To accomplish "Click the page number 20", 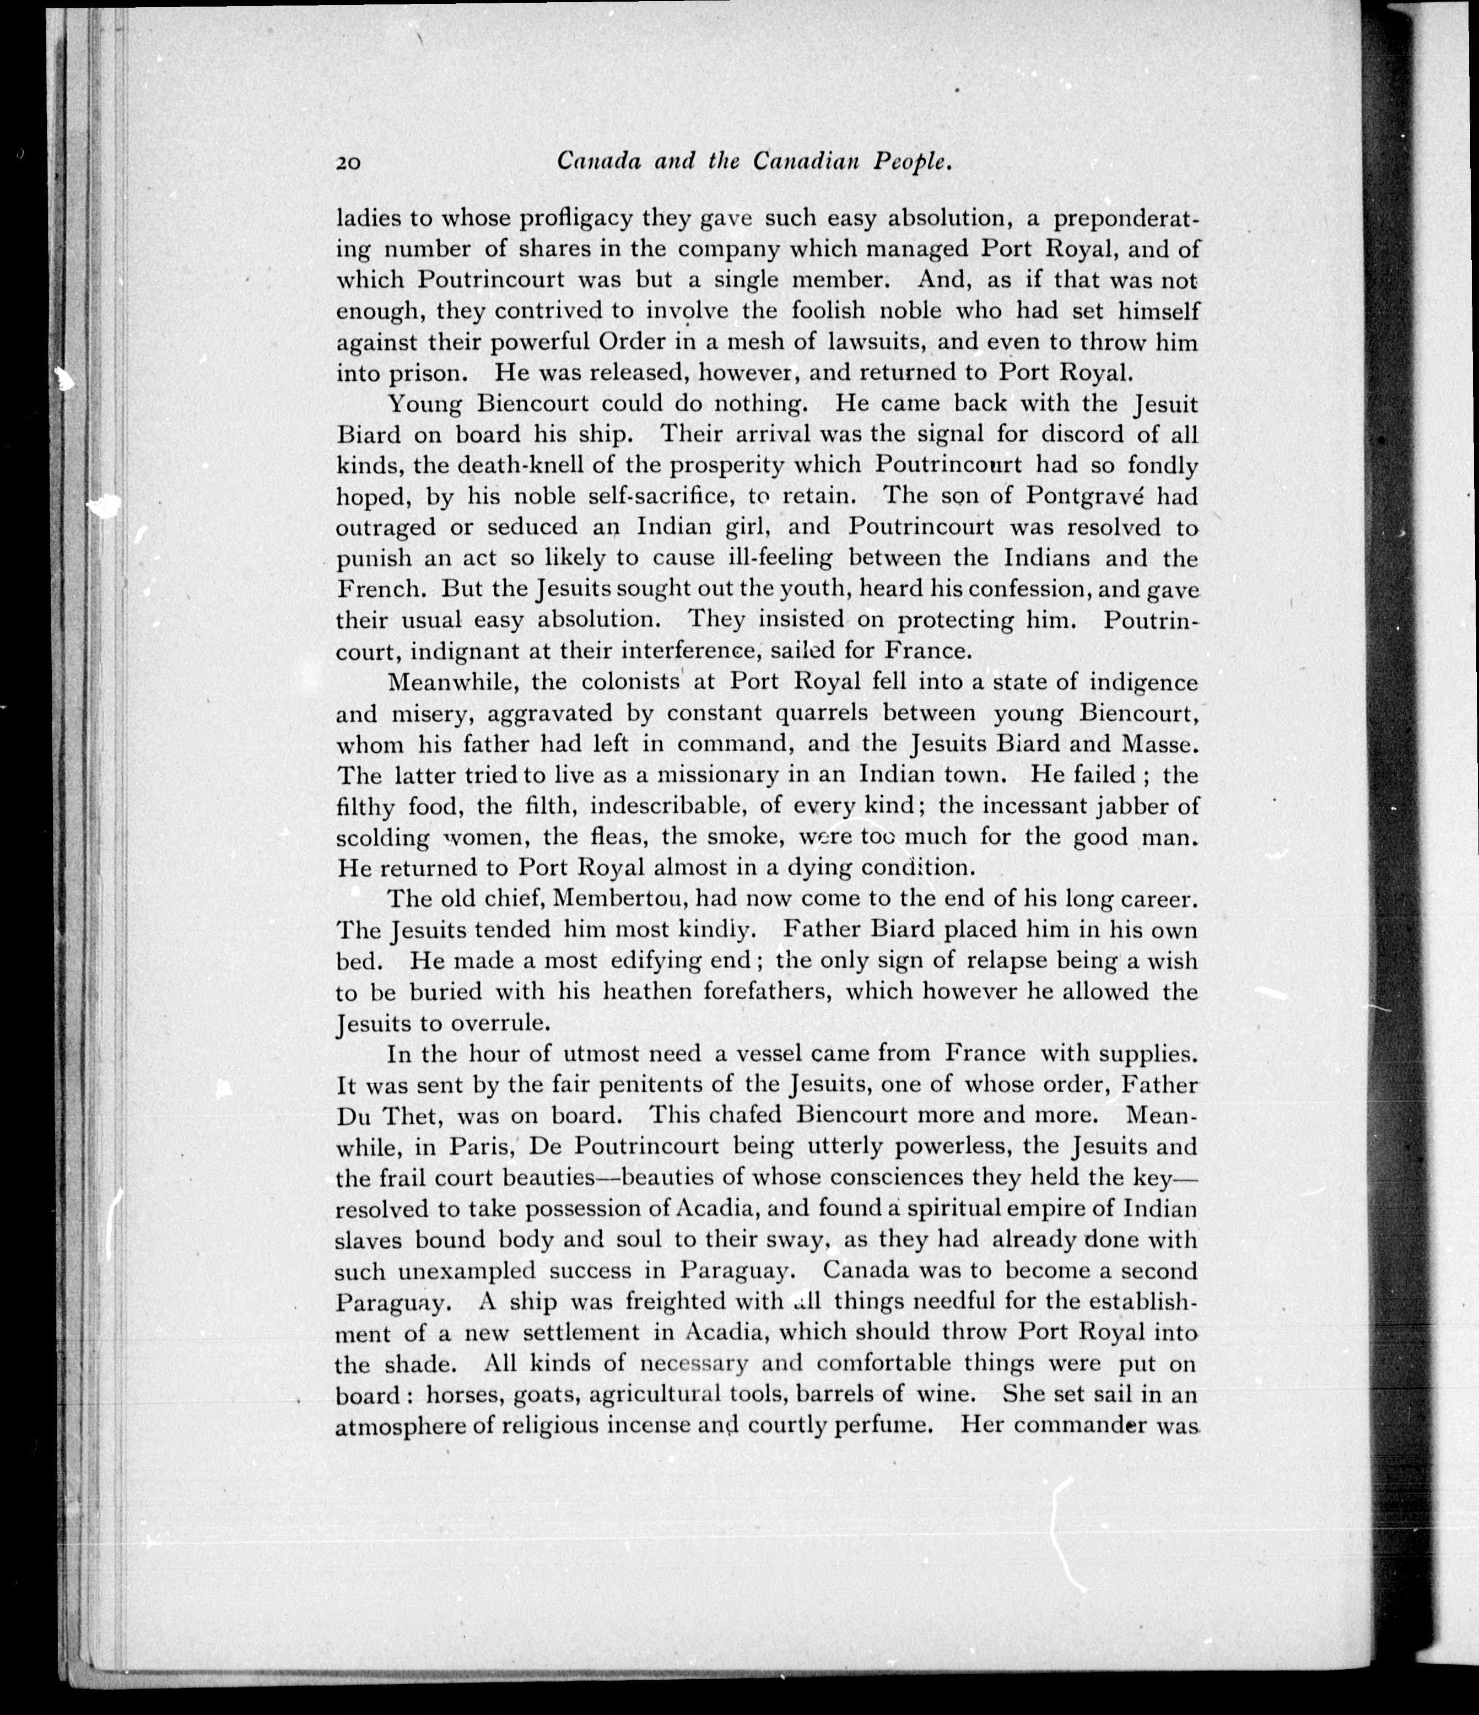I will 348,163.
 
